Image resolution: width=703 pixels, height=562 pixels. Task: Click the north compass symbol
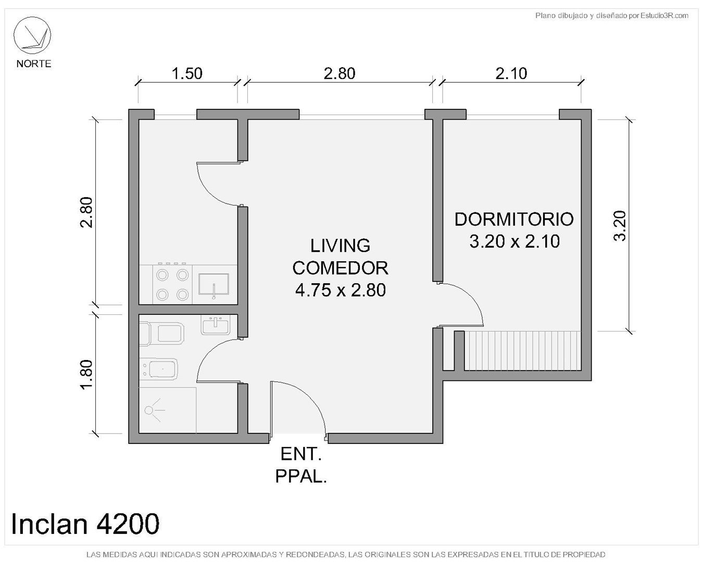coord(32,36)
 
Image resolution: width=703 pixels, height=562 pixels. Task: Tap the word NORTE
coord(34,63)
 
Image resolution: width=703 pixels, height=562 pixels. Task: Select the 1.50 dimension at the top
coord(187,73)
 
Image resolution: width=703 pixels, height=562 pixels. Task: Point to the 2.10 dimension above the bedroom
coord(511,73)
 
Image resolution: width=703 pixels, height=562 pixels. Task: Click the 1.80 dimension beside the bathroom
coord(86,375)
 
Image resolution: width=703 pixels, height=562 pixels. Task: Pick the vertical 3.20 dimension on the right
coord(619,226)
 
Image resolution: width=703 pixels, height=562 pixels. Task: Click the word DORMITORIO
coord(514,219)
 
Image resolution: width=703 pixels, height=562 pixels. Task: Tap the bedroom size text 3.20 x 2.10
coord(514,241)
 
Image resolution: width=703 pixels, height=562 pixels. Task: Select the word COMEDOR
coord(340,268)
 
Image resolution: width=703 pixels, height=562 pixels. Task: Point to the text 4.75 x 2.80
coord(341,290)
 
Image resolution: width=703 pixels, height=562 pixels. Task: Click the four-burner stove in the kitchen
coord(172,285)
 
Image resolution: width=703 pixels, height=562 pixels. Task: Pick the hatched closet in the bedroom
coord(522,351)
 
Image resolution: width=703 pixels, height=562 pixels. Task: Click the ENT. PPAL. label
coord(301,465)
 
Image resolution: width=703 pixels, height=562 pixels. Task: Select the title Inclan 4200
coord(85,524)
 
